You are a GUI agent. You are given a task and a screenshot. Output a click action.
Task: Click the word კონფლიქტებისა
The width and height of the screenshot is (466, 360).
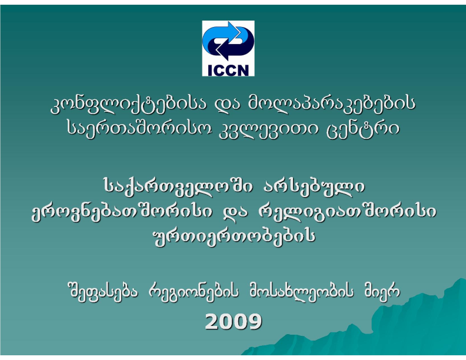click(x=128, y=105)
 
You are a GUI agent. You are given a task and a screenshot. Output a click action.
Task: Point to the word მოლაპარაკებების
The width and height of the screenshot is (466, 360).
click(x=331, y=105)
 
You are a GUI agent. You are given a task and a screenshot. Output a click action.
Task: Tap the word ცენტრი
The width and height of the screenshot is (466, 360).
click(x=363, y=130)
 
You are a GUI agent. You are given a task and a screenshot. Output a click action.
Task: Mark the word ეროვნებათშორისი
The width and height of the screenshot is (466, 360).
click(x=122, y=212)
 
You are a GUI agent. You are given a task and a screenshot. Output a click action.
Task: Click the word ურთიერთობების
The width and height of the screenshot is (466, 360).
click(x=234, y=236)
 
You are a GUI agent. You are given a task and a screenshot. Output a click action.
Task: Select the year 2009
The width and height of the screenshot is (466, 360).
click(x=234, y=321)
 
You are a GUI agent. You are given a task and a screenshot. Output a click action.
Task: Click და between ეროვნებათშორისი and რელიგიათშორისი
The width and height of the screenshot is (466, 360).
click(x=235, y=212)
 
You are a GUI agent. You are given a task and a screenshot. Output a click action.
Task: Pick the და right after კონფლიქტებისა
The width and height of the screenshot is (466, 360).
click(x=227, y=105)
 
